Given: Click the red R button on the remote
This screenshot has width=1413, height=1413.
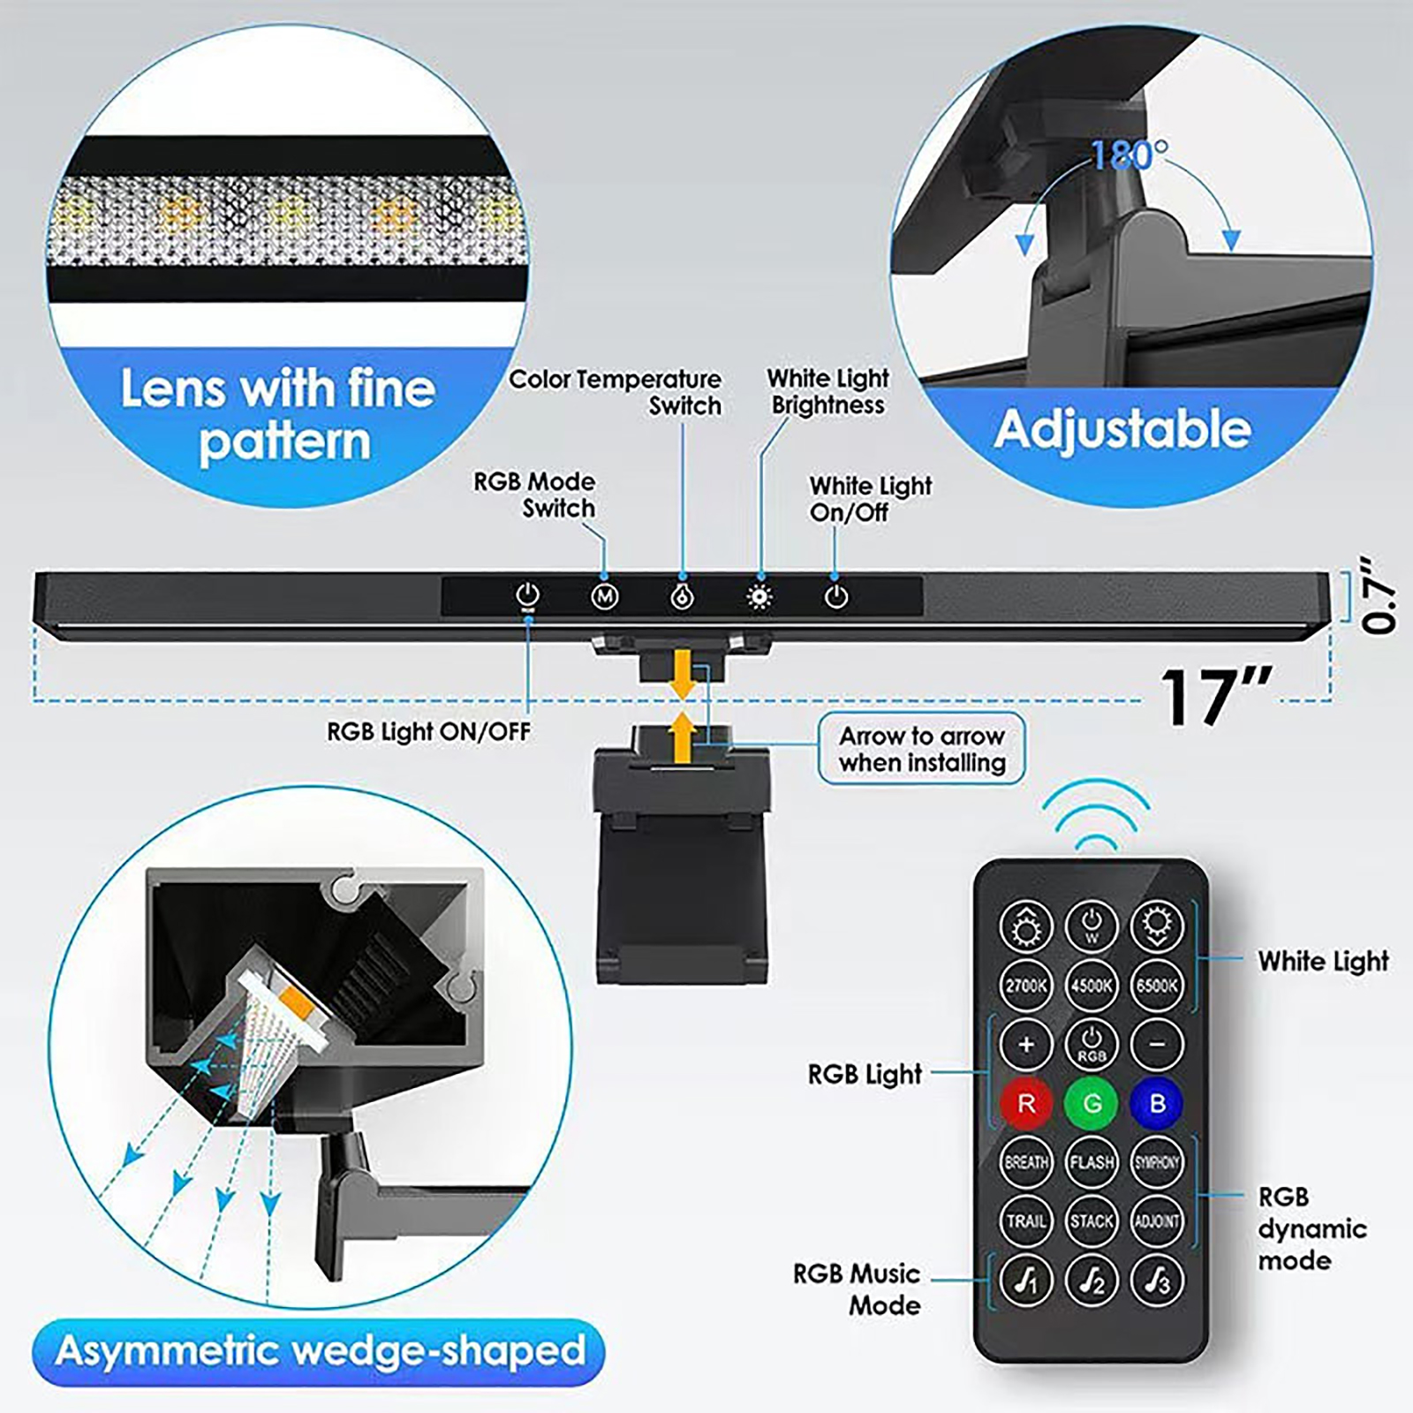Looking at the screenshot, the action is click(1026, 1103).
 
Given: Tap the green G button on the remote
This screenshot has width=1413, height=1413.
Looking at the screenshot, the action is click(1092, 1103).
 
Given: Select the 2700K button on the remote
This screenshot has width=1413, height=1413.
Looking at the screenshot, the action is click(1026, 985).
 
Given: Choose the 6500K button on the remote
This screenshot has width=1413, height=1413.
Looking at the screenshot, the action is click(1157, 985).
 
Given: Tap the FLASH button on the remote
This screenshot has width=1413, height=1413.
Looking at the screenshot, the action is click(1092, 1162).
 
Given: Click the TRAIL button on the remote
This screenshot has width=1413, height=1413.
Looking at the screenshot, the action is click(1026, 1221).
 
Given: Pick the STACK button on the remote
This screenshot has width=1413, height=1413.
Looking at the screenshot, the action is click(1092, 1221).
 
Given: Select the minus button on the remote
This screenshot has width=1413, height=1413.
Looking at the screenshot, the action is click(1157, 1044).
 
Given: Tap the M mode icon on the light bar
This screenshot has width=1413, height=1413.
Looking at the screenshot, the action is click(604, 597).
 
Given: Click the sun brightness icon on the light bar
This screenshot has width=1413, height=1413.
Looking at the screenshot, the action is click(759, 597).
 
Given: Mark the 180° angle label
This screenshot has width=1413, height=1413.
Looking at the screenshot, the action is click(1130, 156).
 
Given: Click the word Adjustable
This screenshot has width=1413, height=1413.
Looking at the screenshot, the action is click(1122, 429).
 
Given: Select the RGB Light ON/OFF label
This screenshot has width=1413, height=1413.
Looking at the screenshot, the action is click(428, 732).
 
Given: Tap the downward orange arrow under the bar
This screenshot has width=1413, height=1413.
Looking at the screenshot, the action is click(681, 674).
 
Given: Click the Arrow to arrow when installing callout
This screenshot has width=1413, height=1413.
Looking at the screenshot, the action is click(921, 749).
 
